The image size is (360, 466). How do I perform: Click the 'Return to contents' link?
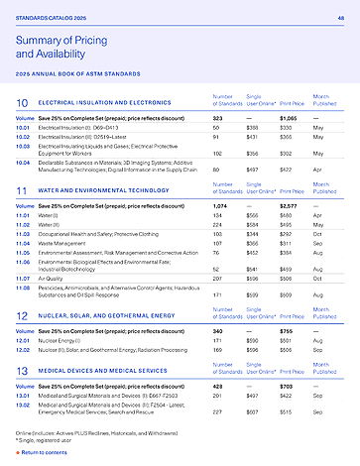[45, 451]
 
